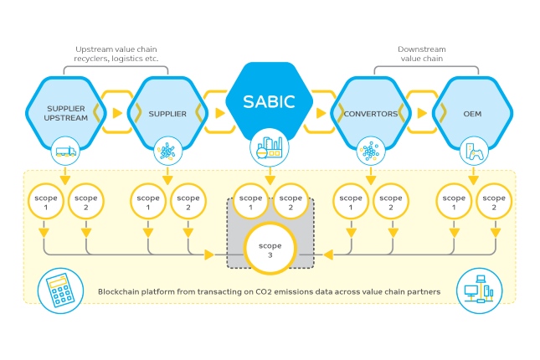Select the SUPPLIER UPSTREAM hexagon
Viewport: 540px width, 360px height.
[67, 113]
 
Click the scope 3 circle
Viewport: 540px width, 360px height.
[270, 249]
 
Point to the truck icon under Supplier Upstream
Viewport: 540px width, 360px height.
[67, 152]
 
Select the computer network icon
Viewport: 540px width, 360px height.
[478, 290]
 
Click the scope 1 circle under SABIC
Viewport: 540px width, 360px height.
[249, 203]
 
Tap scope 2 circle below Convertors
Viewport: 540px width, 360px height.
[388, 203]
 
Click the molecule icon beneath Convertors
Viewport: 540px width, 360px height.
[368, 152]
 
